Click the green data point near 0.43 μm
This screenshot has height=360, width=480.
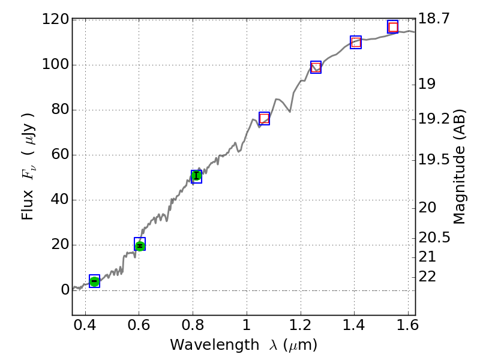pyautogui.click(x=94, y=281)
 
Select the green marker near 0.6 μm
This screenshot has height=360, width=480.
pyautogui.click(x=140, y=245)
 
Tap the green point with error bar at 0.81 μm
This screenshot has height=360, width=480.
pyautogui.click(x=196, y=176)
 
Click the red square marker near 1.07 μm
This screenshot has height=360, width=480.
pyautogui.click(x=264, y=118)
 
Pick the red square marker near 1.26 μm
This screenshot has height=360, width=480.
pyautogui.click(x=316, y=67)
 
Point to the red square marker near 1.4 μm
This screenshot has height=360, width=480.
pyautogui.click(x=356, y=42)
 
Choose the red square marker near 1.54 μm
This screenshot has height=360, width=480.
pyautogui.click(x=393, y=27)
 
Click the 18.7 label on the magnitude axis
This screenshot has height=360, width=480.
pyautogui.click(x=434, y=19)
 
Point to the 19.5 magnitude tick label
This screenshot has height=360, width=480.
pyautogui.click(x=434, y=160)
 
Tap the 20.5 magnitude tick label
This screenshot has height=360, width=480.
pyautogui.click(x=434, y=238)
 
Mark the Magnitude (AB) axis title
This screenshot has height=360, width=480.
pyautogui.click(x=460, y=167)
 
